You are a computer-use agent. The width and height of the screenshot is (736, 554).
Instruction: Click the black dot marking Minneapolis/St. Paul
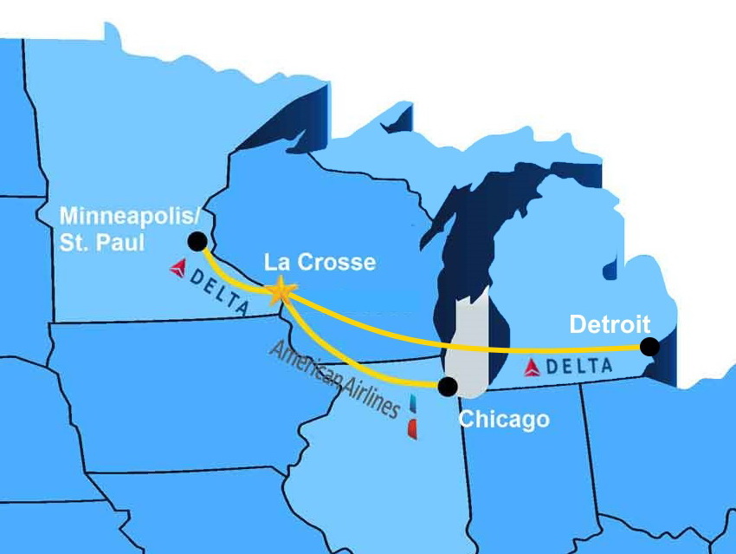[197, 241]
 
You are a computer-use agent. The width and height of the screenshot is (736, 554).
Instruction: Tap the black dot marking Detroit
[649, 347]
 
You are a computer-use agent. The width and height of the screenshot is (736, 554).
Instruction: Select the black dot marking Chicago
[448, 386]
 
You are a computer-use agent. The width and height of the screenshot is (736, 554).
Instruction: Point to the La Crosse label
[320, 262]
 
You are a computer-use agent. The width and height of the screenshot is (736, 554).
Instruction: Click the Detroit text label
[609, 326]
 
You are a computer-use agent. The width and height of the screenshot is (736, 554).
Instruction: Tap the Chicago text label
[503, 420]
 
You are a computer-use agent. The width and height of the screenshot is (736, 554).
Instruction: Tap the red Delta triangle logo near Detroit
[533, 368]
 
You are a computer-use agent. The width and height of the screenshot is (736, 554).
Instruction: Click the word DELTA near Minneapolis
[220, 290]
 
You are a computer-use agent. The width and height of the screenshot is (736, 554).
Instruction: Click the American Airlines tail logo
[411, 415]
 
